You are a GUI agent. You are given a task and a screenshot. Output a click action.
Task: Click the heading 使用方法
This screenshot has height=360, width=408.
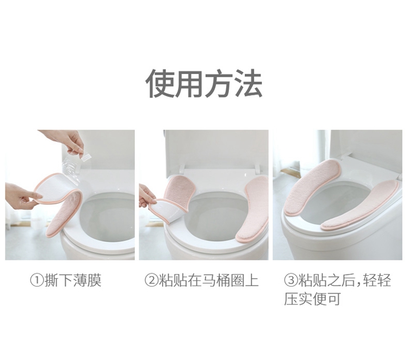pyautogui.click(x=204, y=83)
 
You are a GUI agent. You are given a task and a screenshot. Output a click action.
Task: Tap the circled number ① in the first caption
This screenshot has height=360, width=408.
pyautogui.click(x=37, y=280)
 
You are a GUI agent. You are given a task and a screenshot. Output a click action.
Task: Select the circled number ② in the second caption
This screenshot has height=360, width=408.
pyautogui.click(x=151, y=280)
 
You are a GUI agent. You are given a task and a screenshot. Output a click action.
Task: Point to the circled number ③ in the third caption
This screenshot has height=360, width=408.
pyautogui.click(x=290, y=280)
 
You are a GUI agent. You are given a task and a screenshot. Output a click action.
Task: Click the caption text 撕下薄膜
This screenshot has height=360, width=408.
pyautogui.click(x=73, y=280)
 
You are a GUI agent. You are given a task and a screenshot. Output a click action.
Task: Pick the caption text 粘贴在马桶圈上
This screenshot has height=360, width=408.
pyautogui.click(x=209, y=280)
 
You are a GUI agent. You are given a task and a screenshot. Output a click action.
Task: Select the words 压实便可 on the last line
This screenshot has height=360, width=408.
pyautogui.click(x=312, y=299)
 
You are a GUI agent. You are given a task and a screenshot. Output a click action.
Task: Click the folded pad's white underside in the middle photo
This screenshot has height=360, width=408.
pyautogui.click(x=166, y=210)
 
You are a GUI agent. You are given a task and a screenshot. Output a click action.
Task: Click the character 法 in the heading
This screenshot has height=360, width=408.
pyautogui.click(x=248, y=83)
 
